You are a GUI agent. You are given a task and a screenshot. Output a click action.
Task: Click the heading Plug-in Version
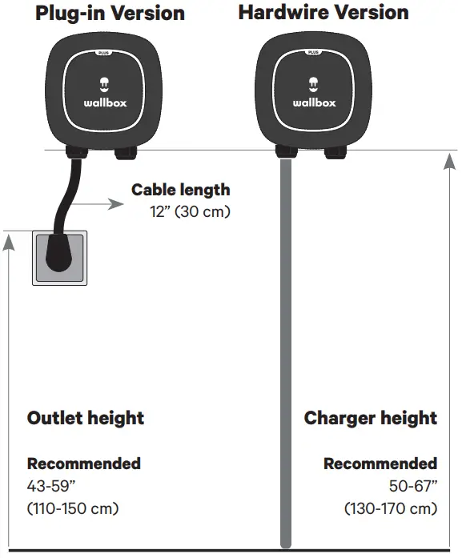pos(110,14)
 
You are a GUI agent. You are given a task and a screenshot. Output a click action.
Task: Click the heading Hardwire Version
pos(323,13)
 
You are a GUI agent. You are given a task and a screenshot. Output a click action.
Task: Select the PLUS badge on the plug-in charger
pos(103,52)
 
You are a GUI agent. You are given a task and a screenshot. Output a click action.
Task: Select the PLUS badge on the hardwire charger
pos(315,52)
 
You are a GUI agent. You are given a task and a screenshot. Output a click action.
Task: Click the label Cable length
pos(180,190)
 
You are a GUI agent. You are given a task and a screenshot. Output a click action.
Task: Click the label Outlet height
pos(86,418)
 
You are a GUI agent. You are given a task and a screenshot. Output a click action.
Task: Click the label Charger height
pos(371,418)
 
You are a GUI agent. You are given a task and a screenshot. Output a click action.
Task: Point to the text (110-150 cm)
pos(73,508)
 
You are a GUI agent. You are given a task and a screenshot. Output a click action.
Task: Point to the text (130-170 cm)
pos(391,508)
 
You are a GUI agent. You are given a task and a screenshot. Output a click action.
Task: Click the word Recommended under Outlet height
pos(84,464)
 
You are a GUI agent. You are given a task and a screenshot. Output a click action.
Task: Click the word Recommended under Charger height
pos(380,464)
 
